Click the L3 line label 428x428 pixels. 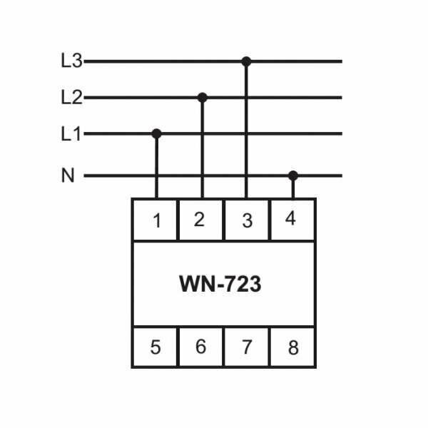coord(71,61)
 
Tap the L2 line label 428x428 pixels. coord(71,98)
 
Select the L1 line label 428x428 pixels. coord(71,133)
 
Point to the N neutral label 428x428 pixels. coord(68,175)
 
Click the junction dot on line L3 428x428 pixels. coord(246,61)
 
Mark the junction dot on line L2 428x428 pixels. coord(202,97)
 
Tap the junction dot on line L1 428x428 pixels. coord(156,133)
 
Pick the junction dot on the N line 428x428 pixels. coord(292,175)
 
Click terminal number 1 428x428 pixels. coord(156,220)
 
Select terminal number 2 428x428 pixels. coord(200,219)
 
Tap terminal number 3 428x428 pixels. coord(247,220)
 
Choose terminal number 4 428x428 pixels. coord(290,219)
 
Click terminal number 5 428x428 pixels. coord(156,347)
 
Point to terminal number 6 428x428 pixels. coord(200,347)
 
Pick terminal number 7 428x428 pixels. coord(246,347)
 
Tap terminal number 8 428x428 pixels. coord(292,348)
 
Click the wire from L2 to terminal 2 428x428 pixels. coord(202,150)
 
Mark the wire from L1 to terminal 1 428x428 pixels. coord(156,168)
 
